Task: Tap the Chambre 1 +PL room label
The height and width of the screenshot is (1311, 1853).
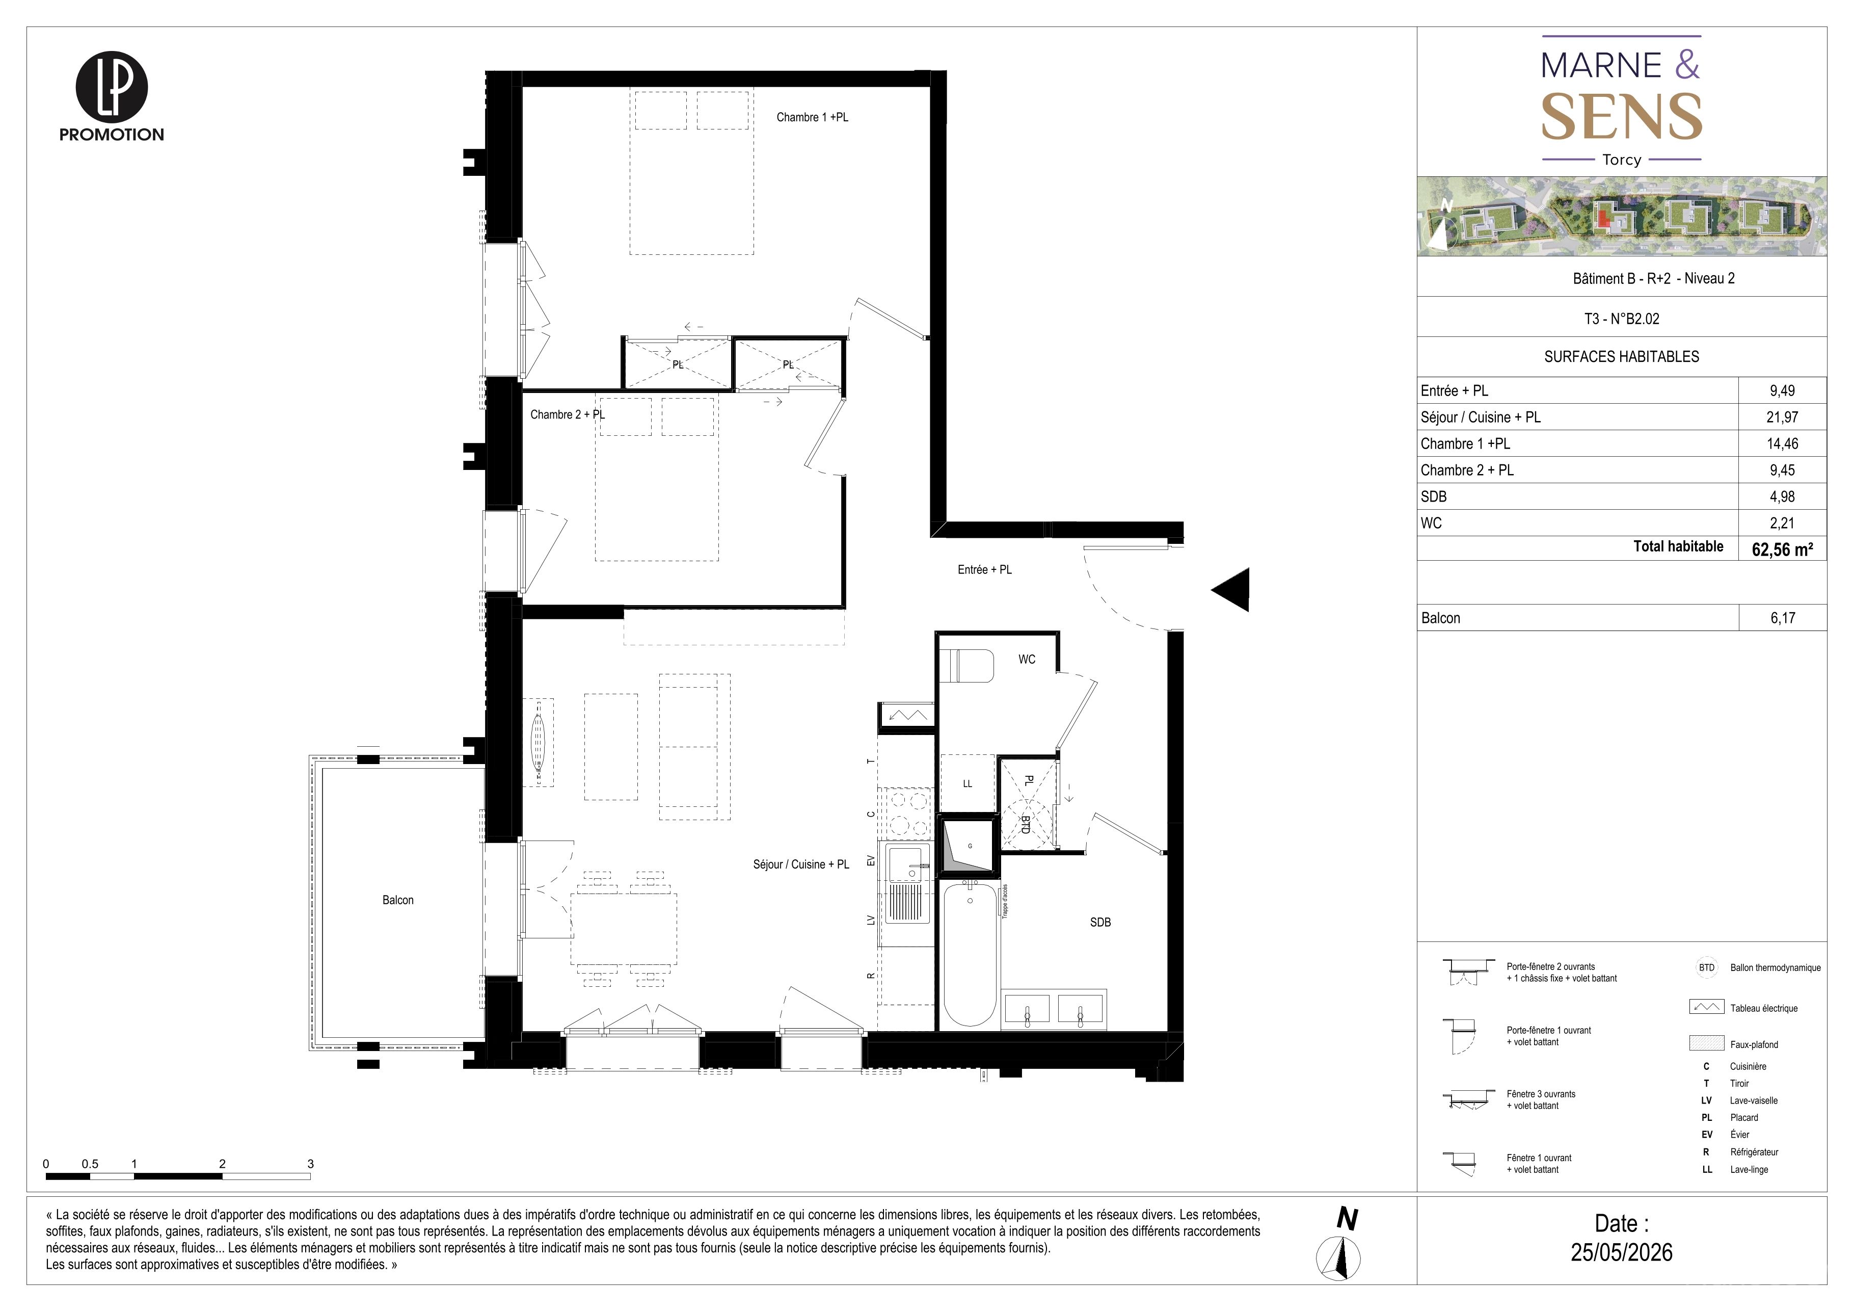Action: click(x=812, y=117)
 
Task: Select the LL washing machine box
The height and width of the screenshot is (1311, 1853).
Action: click(x=968, y=783)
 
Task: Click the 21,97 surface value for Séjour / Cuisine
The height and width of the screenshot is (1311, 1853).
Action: click(x=1782, y=417)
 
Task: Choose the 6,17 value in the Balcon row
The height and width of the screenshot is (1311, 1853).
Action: click(x=1782, y=618)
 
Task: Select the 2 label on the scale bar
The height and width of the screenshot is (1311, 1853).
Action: click(x=222, y=1164)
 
